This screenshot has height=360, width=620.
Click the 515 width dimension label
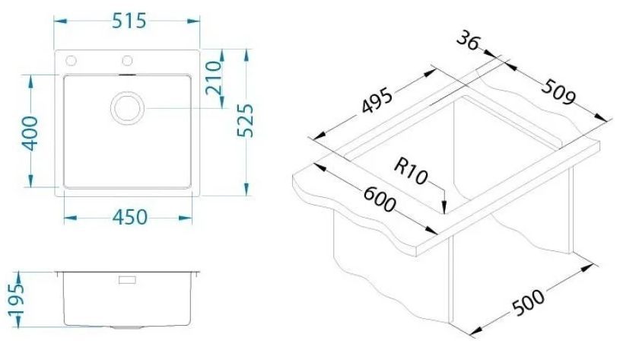click(x=129, y=21)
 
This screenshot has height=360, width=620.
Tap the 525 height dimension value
click(x=245, y=120)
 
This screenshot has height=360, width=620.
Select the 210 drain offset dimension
click(x=214, y=78)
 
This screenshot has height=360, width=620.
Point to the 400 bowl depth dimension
click(x=30, y=133)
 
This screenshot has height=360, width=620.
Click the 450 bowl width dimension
click(x=130, y=217)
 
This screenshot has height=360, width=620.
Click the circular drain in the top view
click(x=127, y=108)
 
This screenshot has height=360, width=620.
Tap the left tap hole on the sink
click(x=72, y=61)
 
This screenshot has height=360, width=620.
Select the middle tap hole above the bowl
click(x=127, y=61)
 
